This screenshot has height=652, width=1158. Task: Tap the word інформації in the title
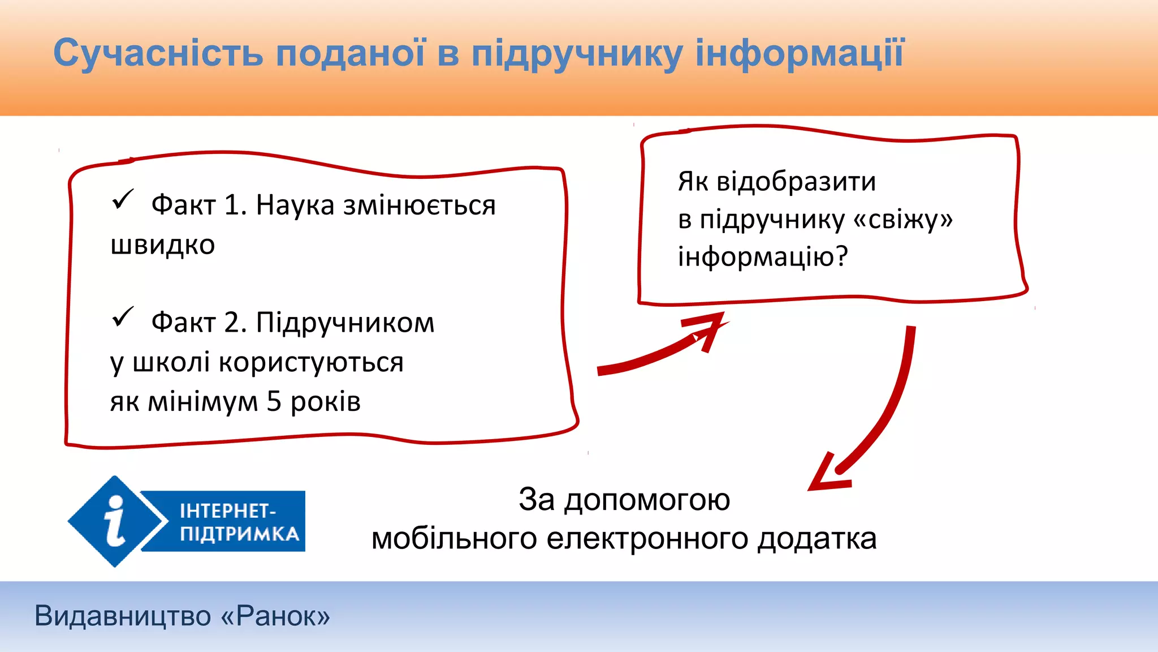[x=800, y=54]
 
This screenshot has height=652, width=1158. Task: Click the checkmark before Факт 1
[x=122, y=199]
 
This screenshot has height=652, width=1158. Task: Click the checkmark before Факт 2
[x=122, y=317]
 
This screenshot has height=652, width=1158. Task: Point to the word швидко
[x=163, y=246]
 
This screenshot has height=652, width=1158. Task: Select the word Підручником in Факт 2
[x=345, y=323]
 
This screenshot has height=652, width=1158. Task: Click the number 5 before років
[x=274, y=401]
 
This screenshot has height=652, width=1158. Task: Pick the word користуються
[x=311, y=362]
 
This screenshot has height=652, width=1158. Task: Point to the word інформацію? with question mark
[x=763, y=257]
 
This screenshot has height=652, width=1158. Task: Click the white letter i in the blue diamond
[x=115, y=521]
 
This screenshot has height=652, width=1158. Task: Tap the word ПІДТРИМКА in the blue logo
[x=239, y=534]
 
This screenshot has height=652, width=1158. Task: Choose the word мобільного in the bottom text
[x=454, y=538]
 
